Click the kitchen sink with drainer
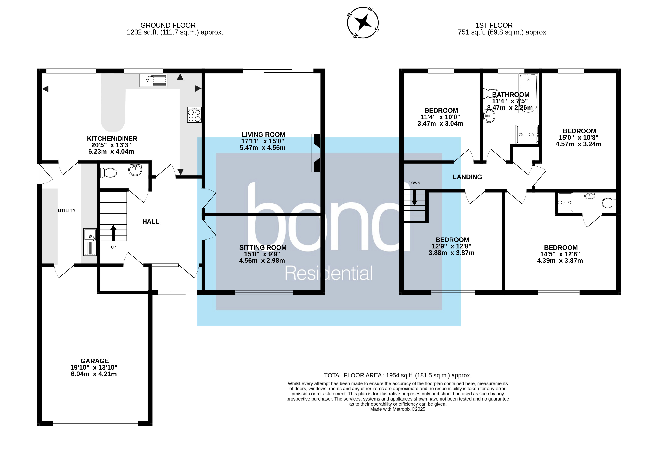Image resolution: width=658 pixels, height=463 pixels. click(x=153, y=80)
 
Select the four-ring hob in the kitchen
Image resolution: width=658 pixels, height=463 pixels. click(x=194, y=115)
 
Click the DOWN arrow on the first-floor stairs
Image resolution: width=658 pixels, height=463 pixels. click(x=414, y=198)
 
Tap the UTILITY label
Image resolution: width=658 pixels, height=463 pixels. click(x=67, y=211)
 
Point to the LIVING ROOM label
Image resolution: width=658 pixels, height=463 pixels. click(x=263, y=135)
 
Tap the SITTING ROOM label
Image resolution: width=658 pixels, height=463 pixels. click(x=263, y=248)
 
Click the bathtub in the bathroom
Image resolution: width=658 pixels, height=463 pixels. click(x=528, y=93)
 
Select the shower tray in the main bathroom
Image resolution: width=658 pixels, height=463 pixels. click(x=527, y=134)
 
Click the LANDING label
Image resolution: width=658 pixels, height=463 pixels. click(x=467, y=177)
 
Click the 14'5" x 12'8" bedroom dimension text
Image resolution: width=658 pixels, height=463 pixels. click(x=560, y=254)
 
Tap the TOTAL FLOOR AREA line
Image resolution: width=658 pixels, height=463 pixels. click(x=398, y=375)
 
